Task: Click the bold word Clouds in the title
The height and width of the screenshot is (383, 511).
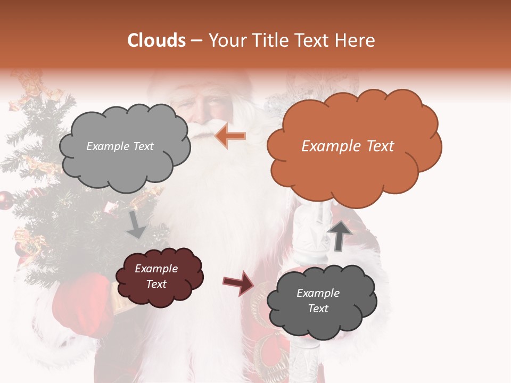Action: [x=156, y=40]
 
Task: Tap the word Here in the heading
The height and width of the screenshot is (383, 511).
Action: [x=356, y=40]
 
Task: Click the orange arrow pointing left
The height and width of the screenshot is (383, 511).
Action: [x=230, y=137]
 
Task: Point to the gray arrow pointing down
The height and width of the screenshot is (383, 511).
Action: [x=136, y=225]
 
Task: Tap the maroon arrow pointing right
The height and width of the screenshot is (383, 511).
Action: [x=238, y=283]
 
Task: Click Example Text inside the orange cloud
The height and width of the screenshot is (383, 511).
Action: [x=348, y=146]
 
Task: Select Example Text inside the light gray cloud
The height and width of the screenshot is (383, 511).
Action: [x=120, y=146]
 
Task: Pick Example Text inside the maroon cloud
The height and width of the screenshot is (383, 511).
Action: [x=156, y=277]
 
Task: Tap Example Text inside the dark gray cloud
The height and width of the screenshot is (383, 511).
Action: [x=318, y=301]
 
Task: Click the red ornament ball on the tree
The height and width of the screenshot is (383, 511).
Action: [x=5, y=199]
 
